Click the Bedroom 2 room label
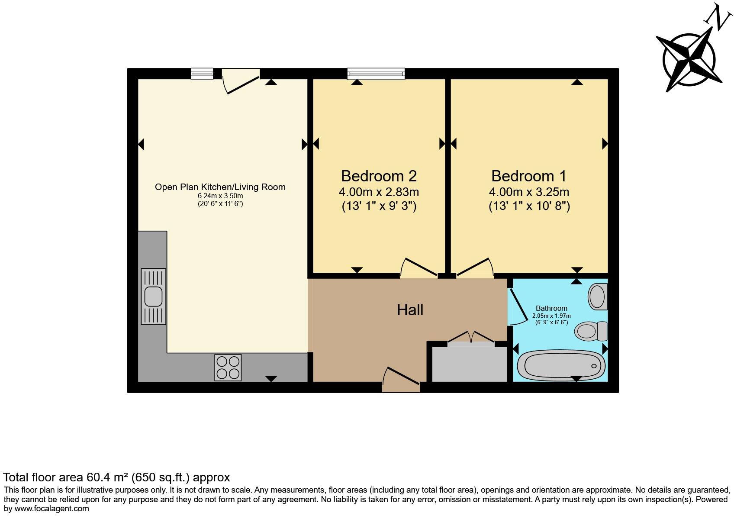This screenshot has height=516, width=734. (x=379, y=176)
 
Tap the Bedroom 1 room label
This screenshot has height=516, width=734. (x=529, y=176)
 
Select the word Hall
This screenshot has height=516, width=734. (x=410, y=310)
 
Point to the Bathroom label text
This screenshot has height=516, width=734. (x=551, y=308)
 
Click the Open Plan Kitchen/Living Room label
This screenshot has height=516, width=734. (x=220, y=187)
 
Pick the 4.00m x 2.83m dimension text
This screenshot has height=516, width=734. (x=379, y=192)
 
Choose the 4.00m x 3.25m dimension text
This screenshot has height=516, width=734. (x=529, y=192)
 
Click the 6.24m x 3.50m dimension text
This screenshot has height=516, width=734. (x=220, y=196)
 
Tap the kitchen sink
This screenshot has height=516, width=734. (x=153, y=297)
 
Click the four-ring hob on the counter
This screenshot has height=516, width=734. (x=228, y=368)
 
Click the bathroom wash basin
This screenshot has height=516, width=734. (x=598, y=297)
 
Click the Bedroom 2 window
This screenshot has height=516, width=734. (x=376, y=74)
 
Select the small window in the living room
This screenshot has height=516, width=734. (x=202, y=74)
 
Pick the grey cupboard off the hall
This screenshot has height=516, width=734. (x=470, y=364)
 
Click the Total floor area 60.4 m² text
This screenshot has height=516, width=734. (x=116, y=477)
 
